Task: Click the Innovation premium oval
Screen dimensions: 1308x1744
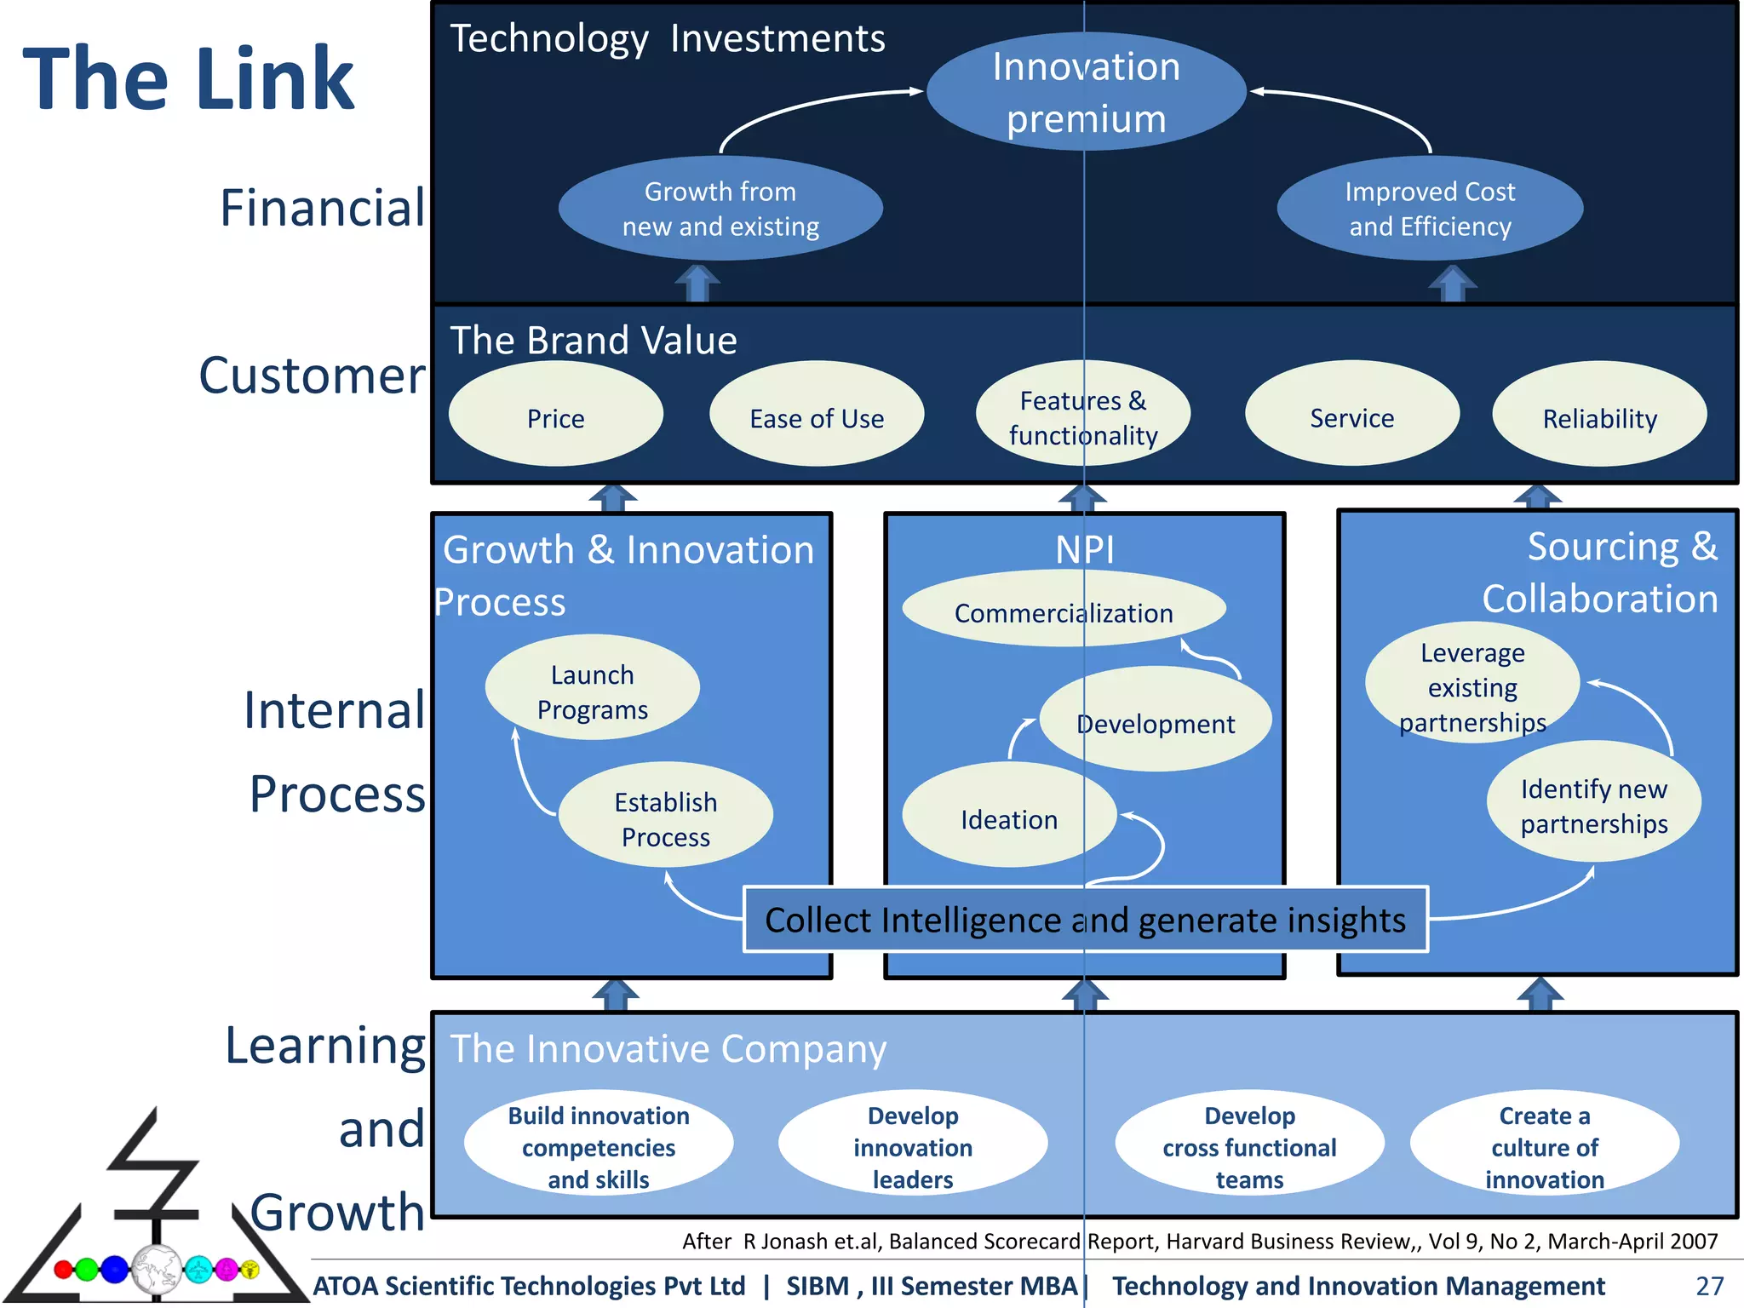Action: (x=1086, y=92)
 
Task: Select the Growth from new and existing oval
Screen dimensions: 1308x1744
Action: (x=720, y=209)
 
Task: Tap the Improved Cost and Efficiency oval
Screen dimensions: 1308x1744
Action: (x=1430, y=209)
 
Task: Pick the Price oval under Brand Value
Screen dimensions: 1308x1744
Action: (x=555, y=415)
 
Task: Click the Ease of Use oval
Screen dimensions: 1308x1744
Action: (x=817, y=415)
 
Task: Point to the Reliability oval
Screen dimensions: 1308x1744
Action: (x=1599, y=415)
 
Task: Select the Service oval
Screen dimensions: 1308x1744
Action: (x=1351, y=415)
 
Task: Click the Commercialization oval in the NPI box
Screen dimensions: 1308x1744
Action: (x=1064, y=610)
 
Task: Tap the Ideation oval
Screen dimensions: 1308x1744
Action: (x=1009, y=816)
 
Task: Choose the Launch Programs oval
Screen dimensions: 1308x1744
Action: (x=593, y=688)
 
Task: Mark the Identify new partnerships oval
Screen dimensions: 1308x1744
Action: (x=1594, y=803)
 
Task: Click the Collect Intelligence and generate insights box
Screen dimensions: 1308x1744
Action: (x=1086, y=920)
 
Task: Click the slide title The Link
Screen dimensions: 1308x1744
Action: (x=188, y=79)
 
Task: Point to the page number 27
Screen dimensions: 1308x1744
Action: (x=1709, y=1285)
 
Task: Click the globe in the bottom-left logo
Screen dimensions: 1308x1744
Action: (x=157, y=1269)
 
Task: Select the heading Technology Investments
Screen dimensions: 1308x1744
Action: (x=668, y=39)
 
